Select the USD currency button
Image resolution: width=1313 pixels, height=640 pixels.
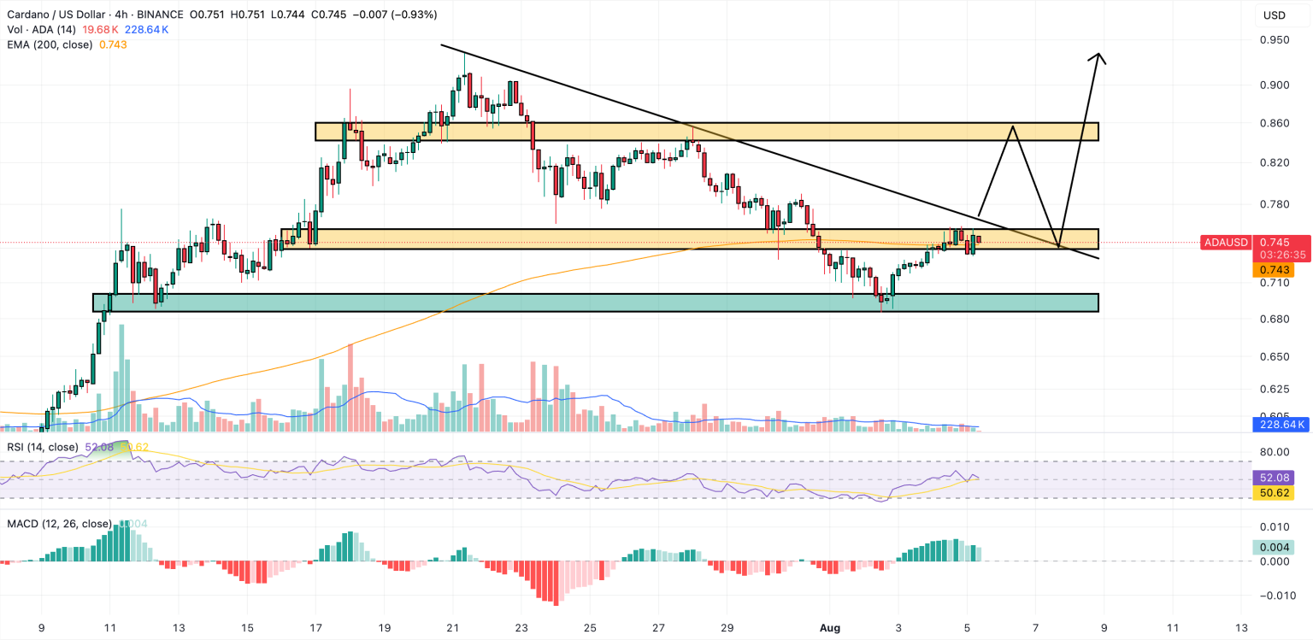1275,15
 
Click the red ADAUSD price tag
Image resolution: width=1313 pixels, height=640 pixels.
1226,243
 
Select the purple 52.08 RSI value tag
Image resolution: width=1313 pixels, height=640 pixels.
1273,477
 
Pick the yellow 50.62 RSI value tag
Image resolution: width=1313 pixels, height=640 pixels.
1273,493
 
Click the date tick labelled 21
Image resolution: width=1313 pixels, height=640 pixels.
452,626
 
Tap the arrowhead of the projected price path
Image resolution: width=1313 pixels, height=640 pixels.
1099,58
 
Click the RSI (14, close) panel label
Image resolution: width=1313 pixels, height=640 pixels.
43,447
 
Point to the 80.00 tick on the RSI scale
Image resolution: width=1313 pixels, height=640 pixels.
1275,452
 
